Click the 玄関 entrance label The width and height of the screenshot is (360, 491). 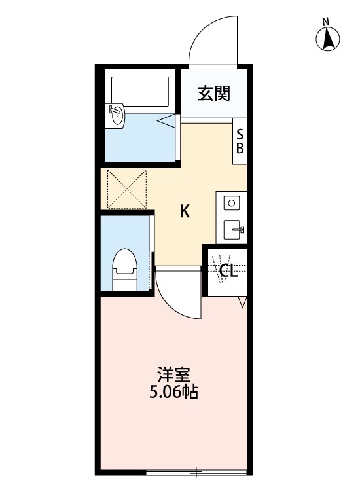coord(214,94)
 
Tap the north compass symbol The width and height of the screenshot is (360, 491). coord(327,41)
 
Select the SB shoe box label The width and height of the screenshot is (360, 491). coord(240,139)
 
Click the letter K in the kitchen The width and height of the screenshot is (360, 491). coord(185,211)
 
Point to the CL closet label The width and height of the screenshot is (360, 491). coord(228,271)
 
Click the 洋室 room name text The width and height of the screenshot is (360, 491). coord(173,375)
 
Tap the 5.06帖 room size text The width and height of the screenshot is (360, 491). coord(173,393)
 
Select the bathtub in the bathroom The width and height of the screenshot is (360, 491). coord(140,92)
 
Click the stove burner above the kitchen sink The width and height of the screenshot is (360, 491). coord(231,203)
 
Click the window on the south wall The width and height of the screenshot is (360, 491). coord(196,472)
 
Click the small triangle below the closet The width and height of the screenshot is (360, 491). coord(242,302)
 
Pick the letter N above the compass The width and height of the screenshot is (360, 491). coord(326,22)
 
